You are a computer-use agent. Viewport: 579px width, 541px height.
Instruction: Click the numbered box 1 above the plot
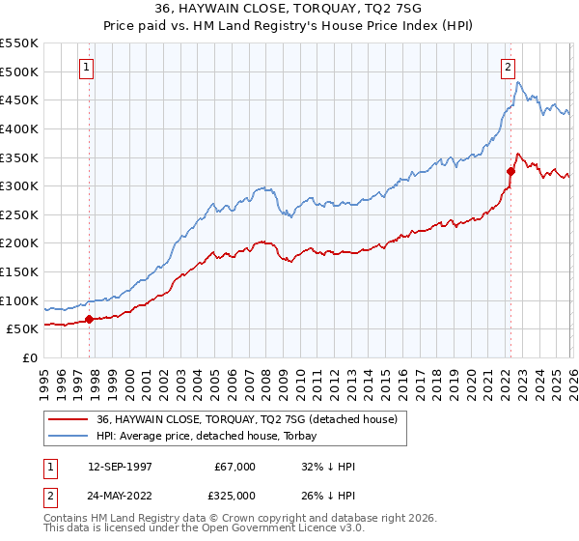[88, 68]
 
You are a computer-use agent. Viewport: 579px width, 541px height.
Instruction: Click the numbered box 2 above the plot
[508, 68]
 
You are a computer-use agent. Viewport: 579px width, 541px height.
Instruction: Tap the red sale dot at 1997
[89, 319]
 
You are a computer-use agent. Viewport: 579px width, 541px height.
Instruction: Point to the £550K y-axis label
[19, 43]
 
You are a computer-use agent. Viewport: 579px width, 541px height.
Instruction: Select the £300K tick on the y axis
[19, 185]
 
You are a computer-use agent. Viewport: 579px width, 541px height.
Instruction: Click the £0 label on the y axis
[29, 357]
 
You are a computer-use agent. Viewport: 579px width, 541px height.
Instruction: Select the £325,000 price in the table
[234, 495]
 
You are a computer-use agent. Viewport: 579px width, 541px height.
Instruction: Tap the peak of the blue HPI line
[518, 83]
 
